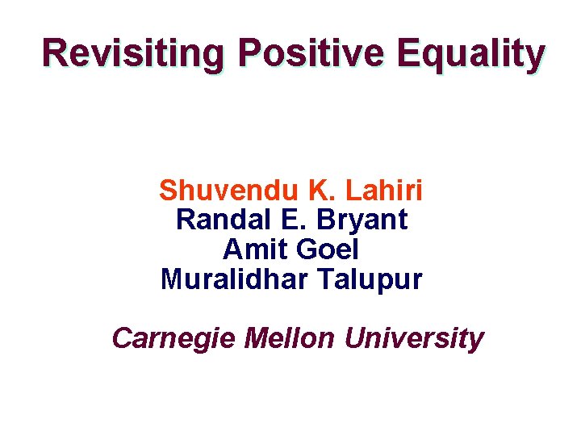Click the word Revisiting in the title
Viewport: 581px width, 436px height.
[x=132, y=53]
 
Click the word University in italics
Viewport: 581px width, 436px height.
[x=414, y=337]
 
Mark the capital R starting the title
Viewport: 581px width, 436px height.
[x=56, y=53]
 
